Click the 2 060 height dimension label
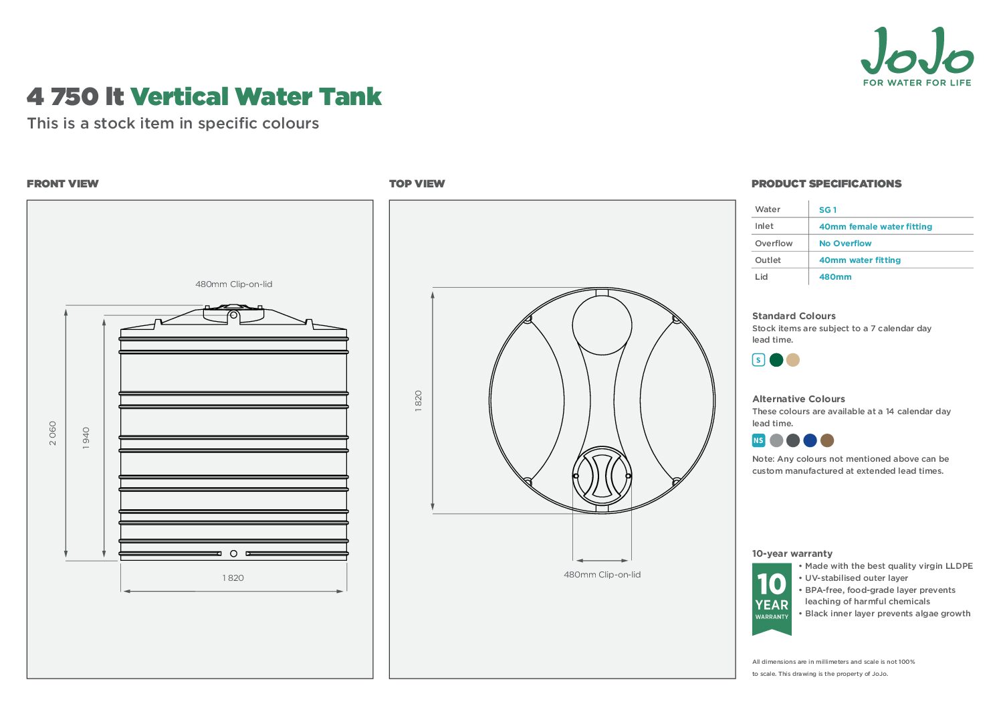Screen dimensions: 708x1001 [x=53, y=433]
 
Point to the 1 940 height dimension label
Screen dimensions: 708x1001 [x=86, y=438]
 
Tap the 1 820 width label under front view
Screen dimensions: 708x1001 [x=233, y=578]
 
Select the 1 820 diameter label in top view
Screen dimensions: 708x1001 [x=419, y=401]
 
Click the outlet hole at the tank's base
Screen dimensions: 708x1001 [x=233, y=553]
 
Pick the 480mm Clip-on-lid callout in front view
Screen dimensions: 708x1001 [x=233, y=284]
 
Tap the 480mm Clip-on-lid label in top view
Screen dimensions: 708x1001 [x=602, y=574]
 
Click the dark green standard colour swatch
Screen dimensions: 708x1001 [x=776, y=360]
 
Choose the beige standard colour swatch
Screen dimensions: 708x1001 [x=793, y=360]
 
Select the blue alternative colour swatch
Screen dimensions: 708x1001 [x=810, y=440]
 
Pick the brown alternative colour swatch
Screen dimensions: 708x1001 [x=827, y=440]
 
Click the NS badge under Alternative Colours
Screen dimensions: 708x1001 [x=758, y=440]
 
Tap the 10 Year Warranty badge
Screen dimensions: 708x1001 [x=772, y=598]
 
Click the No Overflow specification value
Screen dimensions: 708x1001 [x=845, y=244]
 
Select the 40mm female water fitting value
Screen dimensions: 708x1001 [x=875, y=227]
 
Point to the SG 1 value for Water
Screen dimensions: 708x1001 [x=828, y=210]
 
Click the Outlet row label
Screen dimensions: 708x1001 [x=768, y=260]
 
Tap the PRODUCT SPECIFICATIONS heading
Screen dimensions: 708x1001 [x=826, y=184]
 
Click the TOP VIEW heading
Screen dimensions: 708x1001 [x=417, y=184]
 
